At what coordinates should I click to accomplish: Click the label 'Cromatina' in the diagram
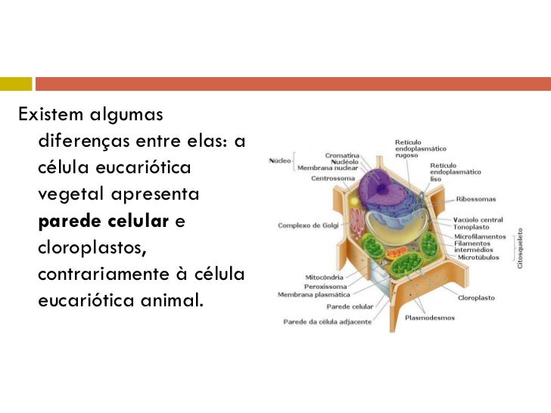coord(342,155)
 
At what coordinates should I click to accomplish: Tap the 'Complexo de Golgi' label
coord(307,225)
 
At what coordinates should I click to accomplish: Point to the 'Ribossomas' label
coord(476,199)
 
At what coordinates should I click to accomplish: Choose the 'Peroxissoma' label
coord(326,286)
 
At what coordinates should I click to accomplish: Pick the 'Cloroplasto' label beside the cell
coord(476,298)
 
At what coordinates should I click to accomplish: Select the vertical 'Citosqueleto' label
coord(520,248)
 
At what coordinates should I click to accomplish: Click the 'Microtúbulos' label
coord(477,257)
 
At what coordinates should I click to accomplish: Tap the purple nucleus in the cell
coord(381,185)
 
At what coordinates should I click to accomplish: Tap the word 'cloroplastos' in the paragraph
coord(89,248)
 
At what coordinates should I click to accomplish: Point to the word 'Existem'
coord(51,115)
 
